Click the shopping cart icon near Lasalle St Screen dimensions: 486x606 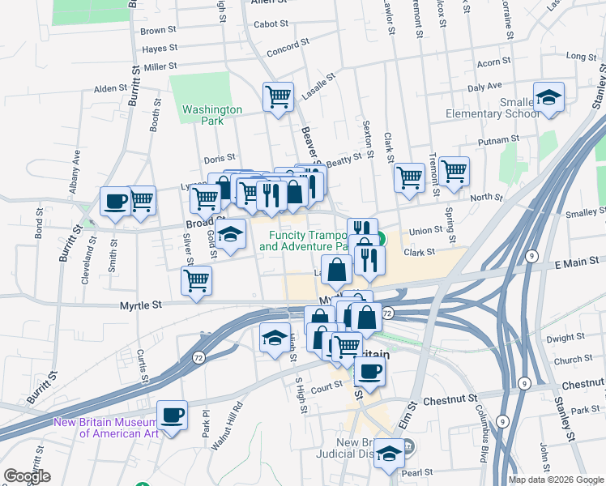(x=278, y=97)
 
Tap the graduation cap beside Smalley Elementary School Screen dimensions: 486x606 (x=549, y=98)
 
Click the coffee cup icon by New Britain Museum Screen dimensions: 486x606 (x=172, y=415)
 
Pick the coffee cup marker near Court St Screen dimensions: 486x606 (x=369, y=371)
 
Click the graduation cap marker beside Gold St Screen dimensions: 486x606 (x=232, y=234)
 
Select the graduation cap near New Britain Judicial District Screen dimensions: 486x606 (x=389, y=455)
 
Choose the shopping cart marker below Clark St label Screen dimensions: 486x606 (x=410, y=177)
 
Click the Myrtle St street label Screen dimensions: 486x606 (x=141, y=305)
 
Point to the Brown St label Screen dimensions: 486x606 (x=152, y=31)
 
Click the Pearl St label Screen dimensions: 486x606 (x=420, y=471)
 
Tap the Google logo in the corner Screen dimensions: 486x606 (x=27, y=476)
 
